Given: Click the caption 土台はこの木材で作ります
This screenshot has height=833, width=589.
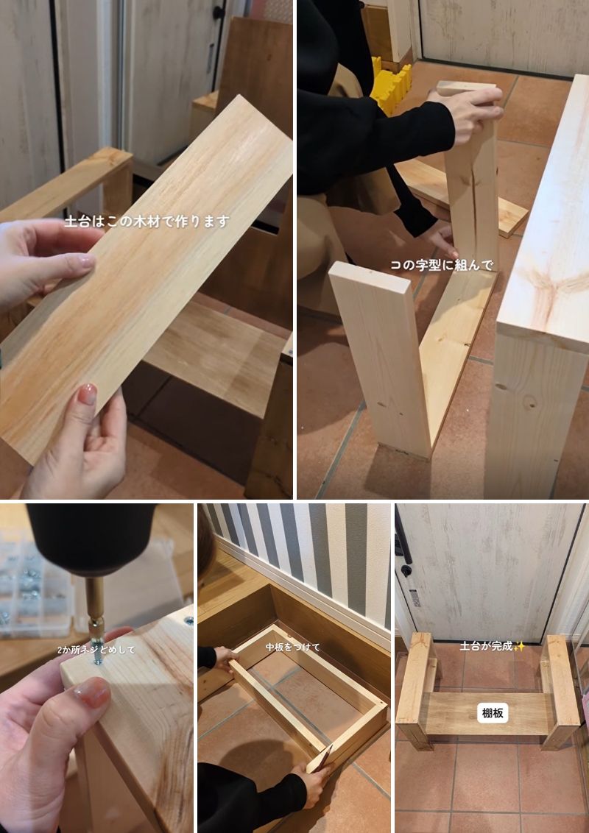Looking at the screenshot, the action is [x=147, y=221].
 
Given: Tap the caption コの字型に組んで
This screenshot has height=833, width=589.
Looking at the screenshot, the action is [x=442, y=265].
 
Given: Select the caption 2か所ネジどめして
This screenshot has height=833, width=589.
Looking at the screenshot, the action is [x=96, y=649].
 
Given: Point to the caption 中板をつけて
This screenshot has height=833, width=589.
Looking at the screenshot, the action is [x=293, y=647].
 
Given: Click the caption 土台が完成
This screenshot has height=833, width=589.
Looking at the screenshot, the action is [x=486, y=646].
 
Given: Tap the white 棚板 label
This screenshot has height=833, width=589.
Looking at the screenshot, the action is [x=493, y=713].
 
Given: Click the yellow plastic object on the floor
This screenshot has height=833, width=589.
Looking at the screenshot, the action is [x=391, y=85].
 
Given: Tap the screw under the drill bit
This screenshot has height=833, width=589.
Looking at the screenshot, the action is [x=99, y=653].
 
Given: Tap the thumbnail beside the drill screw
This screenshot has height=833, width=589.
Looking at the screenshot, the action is [x=93, y=692].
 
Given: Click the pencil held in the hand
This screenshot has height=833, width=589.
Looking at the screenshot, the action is [x=322, y=758].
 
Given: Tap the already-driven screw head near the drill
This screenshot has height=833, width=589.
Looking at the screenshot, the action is [x=188, y=620].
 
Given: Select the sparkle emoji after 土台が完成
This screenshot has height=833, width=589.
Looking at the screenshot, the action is [x=519, y=646].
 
